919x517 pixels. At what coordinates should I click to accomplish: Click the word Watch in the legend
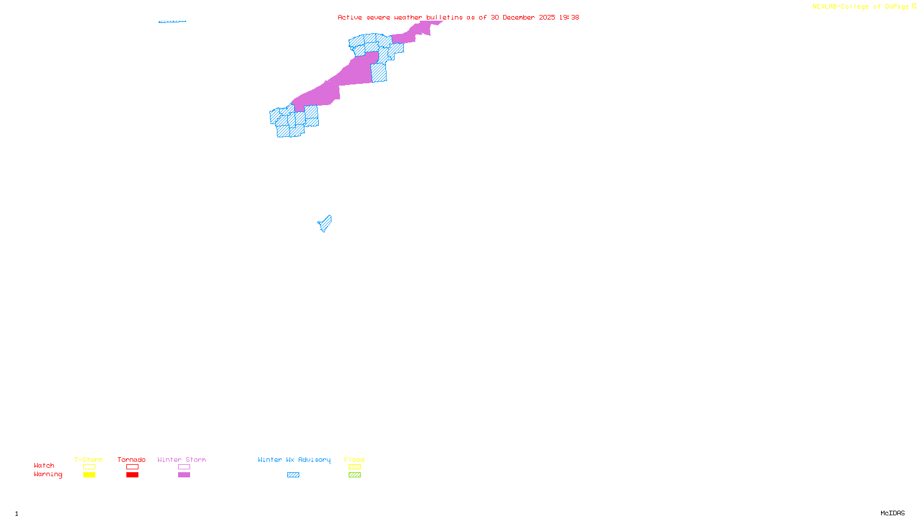44,465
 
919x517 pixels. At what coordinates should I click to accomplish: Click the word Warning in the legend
48,474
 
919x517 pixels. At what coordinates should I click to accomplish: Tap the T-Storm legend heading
88,460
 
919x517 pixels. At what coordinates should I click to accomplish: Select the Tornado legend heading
132,460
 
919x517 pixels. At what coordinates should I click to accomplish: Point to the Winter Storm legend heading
182,460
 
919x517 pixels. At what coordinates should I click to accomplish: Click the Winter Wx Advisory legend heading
294,460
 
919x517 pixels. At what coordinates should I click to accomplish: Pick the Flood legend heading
354,460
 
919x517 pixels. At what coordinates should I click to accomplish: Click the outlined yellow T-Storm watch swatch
89,467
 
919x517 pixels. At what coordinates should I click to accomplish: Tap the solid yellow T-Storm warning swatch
89,475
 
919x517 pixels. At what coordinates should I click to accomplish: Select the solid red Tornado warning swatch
133,475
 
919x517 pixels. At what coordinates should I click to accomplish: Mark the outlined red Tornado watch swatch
133,467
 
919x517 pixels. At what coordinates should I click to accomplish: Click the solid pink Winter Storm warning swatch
184,475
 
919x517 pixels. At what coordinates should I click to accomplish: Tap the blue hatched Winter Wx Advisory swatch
293,475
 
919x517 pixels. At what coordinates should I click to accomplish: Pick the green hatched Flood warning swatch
354,475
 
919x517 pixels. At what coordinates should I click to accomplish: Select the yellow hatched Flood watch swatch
354,467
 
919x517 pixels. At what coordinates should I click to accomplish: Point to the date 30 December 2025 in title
523,17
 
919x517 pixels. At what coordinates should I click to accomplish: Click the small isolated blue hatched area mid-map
325,223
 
